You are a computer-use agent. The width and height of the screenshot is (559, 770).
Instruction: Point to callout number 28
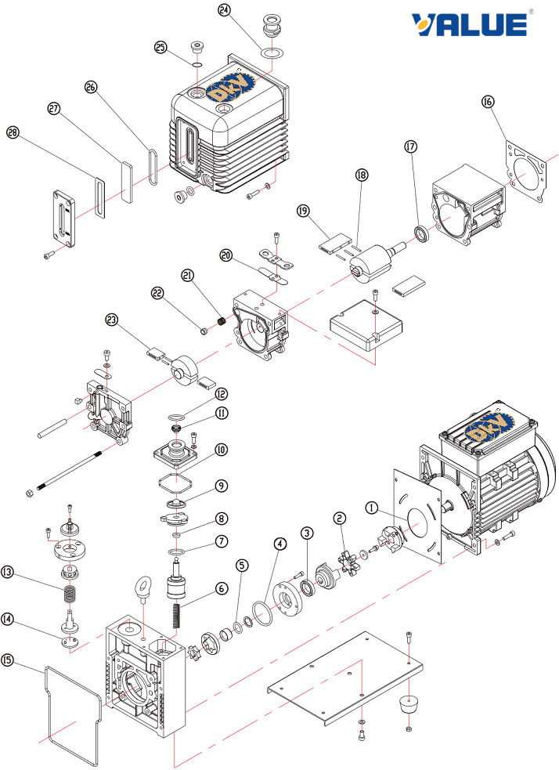[13, 133]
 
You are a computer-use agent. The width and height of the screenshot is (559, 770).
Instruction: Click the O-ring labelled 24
[272, 53]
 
